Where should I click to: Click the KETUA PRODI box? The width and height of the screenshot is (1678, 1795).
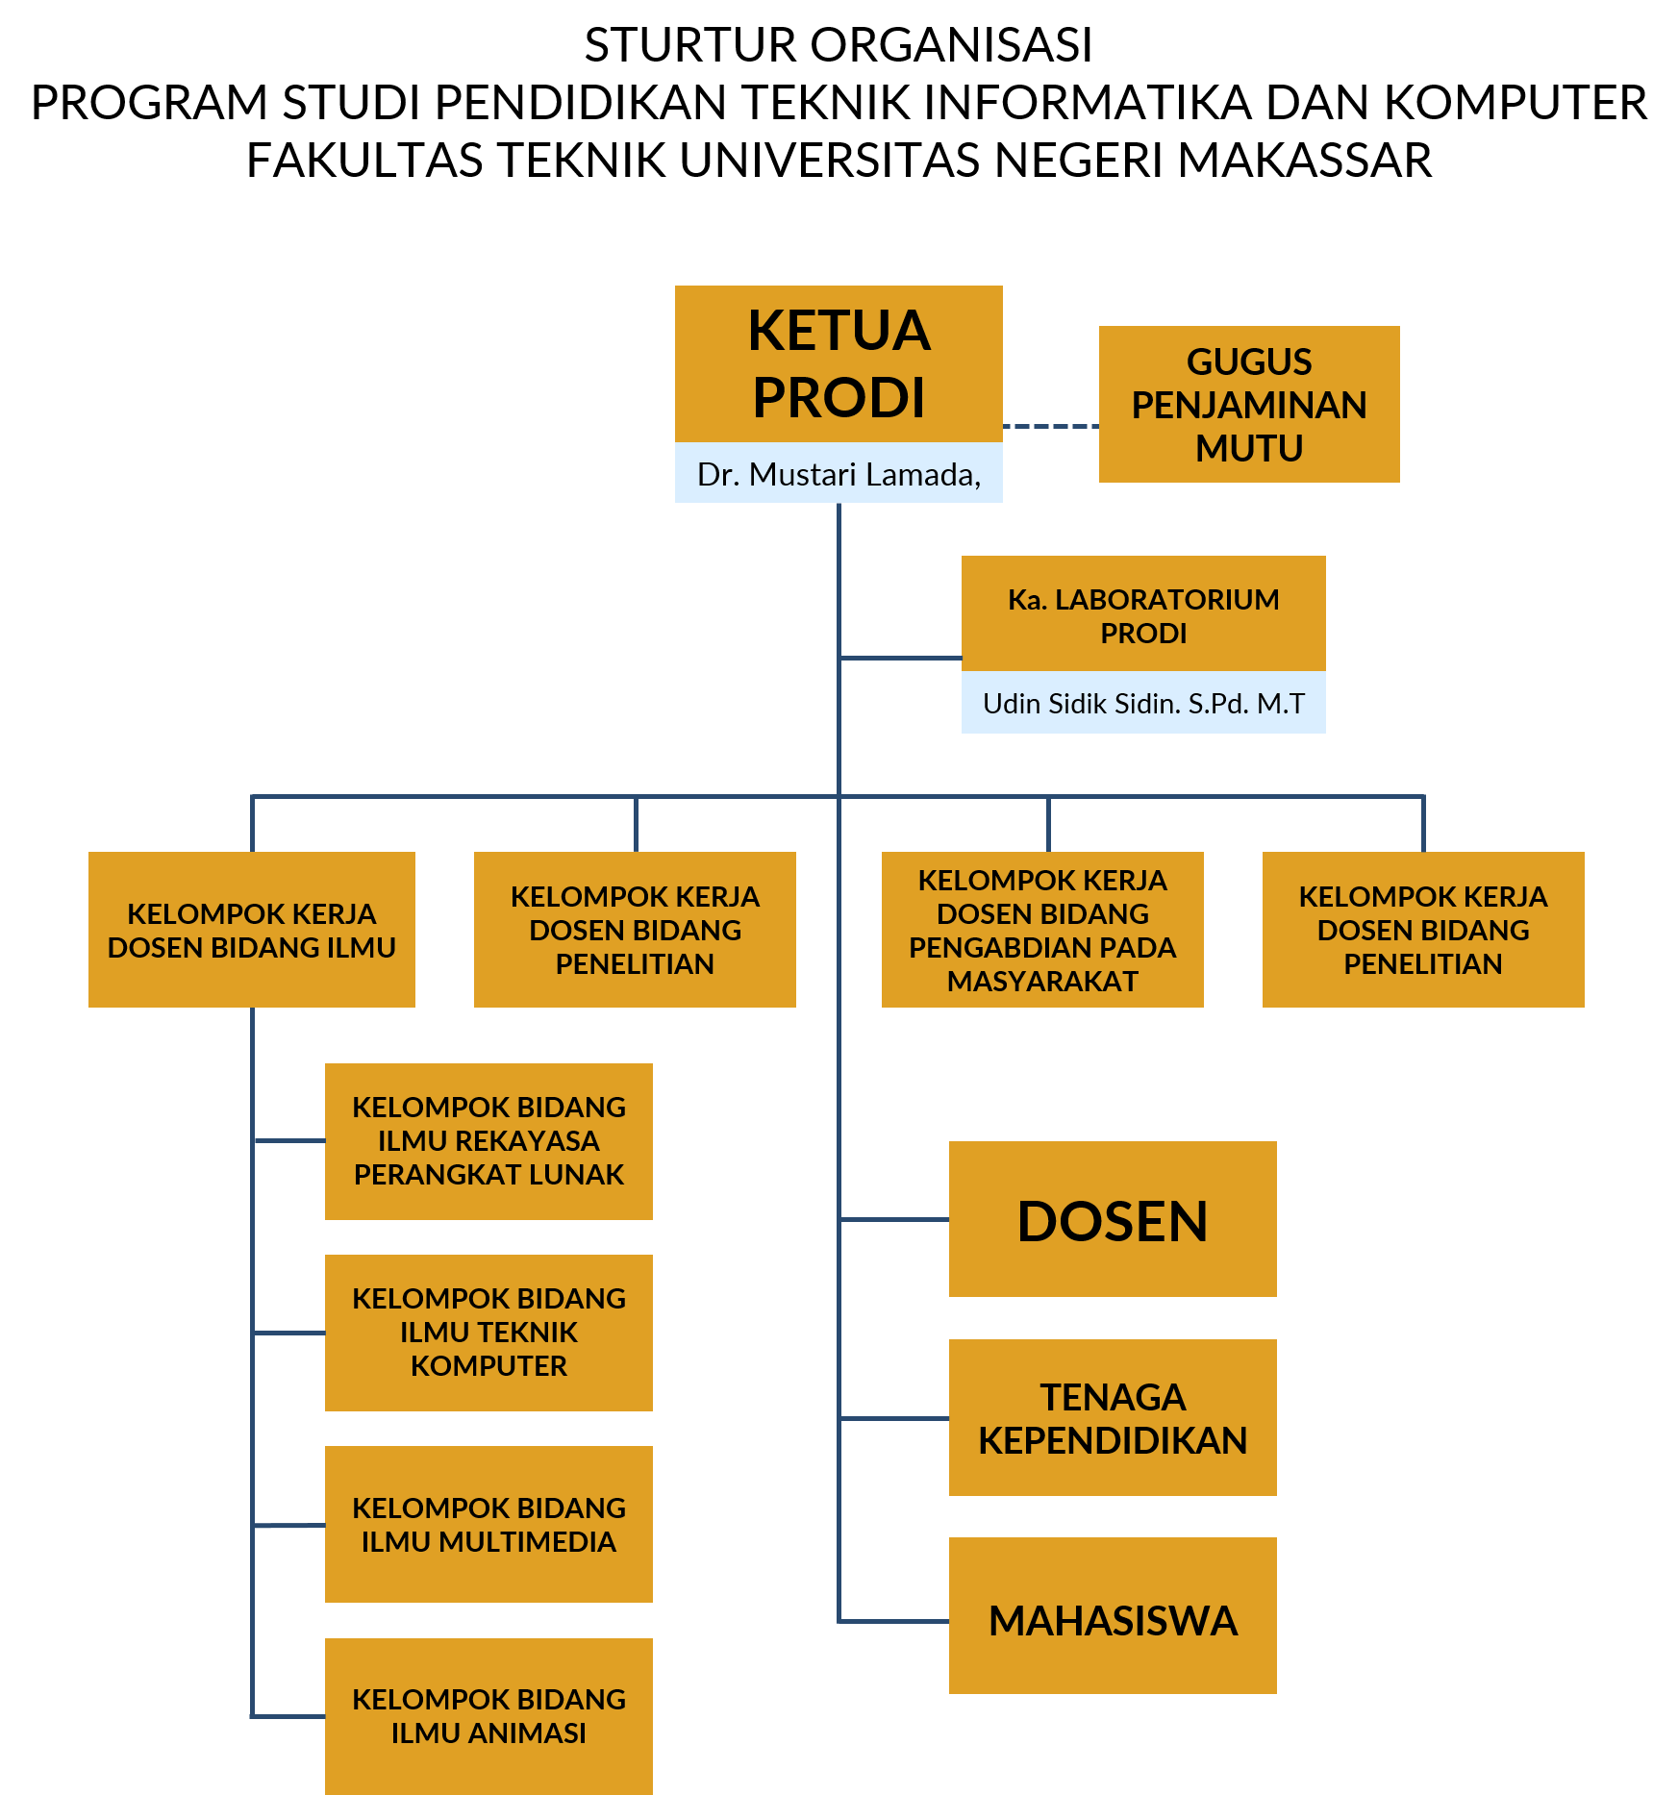click(x=839, y=363)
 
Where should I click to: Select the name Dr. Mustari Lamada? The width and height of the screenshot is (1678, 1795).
click(x=839, y=474)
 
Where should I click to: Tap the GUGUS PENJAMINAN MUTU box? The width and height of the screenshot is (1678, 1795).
click(x=1249, y=404)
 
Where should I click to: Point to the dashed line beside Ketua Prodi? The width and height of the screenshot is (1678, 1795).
click(x=1051, y=425)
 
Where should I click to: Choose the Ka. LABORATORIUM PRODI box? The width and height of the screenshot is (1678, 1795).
click(x=1143, y=613)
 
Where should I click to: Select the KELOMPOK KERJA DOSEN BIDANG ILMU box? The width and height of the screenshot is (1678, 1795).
click(x=252, y=930)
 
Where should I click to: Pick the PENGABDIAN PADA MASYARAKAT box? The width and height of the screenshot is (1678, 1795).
click(x=1042, y=930)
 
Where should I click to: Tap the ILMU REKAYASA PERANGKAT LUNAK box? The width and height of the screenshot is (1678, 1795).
click(x=488, y=1141)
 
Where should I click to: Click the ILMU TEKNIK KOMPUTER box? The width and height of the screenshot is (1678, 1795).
click(x=488, y=1333)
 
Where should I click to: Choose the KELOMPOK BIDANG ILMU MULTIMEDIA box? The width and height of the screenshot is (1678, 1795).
click(x=488, y=1524)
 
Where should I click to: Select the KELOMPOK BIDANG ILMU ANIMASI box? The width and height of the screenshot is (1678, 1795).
click(x=488, y=1716)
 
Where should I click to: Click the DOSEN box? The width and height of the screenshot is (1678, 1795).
click(x=1113, y=1219)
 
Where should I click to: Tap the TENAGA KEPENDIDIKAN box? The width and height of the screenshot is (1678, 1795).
click(x=1113, y=1417)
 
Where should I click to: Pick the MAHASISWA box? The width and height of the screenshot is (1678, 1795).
click(x=1113, y=1615)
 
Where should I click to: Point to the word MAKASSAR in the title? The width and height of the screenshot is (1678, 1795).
click(x=1305, y=160)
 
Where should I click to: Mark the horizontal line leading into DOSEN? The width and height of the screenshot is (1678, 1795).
click(x=894, y=1219)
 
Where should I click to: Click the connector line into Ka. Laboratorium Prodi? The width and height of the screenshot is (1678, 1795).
click(x=901, y=658)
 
